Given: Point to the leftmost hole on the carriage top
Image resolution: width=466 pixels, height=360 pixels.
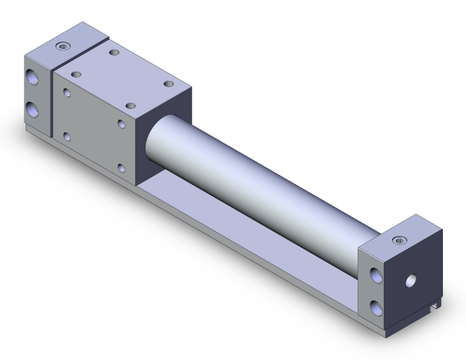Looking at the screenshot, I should [x=76, y=74].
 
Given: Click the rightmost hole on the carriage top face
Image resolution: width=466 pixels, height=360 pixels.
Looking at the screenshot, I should [x=168, y=83].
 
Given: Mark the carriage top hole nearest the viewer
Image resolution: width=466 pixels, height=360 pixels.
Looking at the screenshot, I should [x=130, y=106].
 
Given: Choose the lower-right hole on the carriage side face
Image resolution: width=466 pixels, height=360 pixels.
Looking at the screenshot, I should [x=122, y=167].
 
